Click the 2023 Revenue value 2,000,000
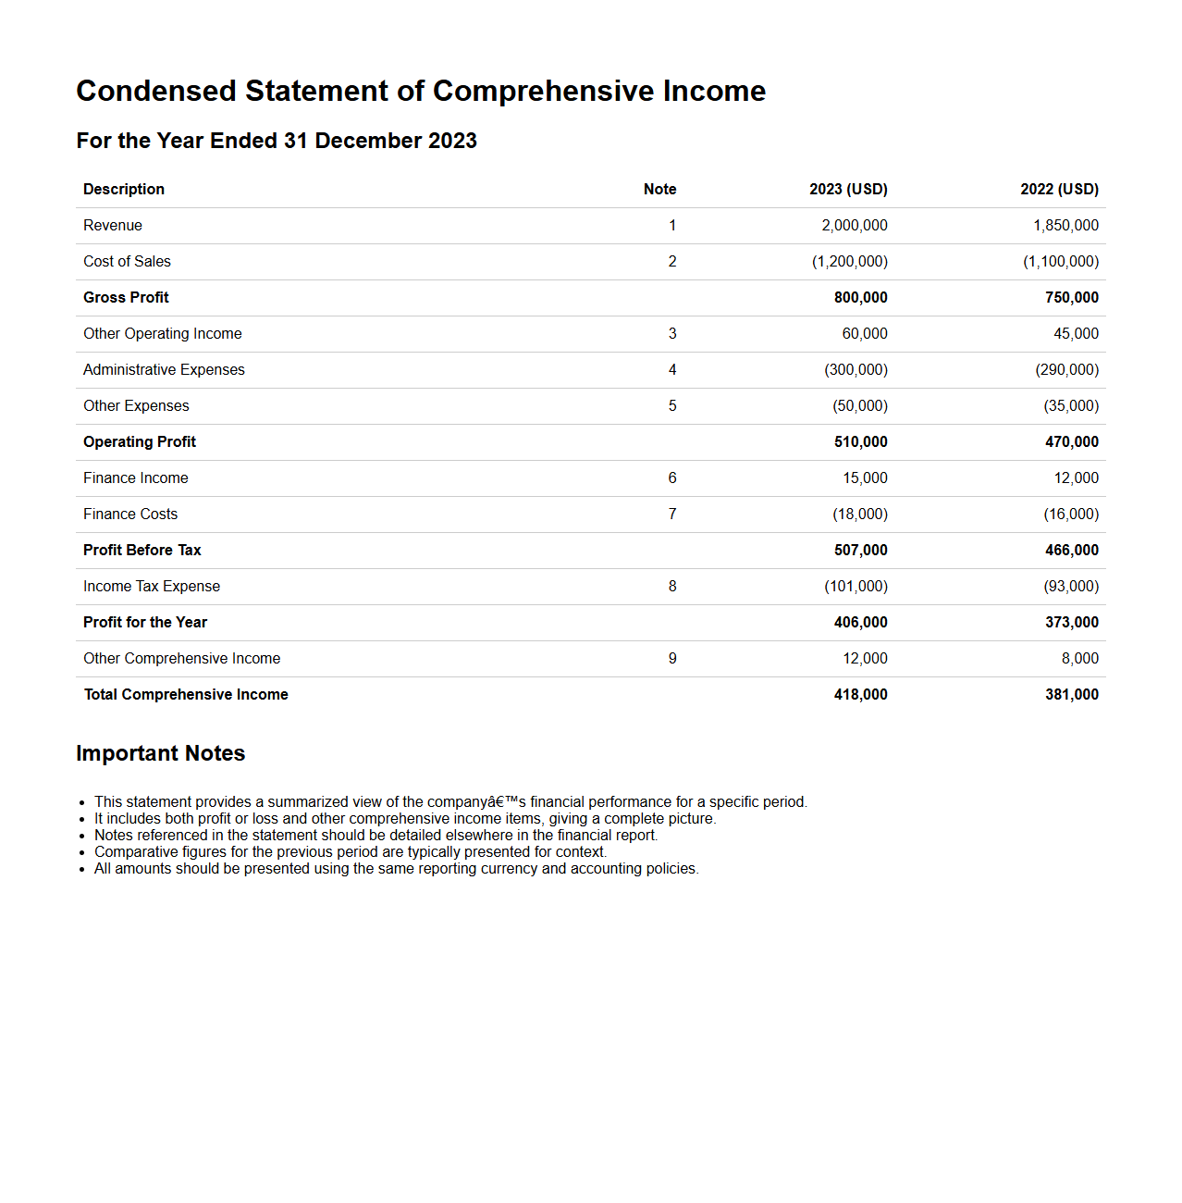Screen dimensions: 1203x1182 (854, 226)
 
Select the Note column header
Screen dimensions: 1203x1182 (659, 190)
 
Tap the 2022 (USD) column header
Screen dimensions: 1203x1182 (1059, 190)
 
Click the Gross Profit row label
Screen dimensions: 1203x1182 (126, 298)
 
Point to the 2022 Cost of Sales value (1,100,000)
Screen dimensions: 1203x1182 (1060, 262)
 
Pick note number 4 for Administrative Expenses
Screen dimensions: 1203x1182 (672, 370)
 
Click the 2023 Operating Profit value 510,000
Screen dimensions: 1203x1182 (860, 442)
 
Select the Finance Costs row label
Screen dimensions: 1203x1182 (130, 515)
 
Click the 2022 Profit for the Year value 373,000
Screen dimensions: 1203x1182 (1071, 623)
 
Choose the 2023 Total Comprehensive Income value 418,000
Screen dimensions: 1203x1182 (860, 695)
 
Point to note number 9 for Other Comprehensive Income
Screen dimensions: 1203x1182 (672, 659)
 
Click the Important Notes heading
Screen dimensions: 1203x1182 (160, 753)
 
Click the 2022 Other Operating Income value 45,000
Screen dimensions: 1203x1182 (1076, 334)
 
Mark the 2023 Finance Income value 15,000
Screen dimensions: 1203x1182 (865, 478)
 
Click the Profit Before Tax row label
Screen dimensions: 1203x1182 (142, 551)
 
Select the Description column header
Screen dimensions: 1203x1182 (124, 190)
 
